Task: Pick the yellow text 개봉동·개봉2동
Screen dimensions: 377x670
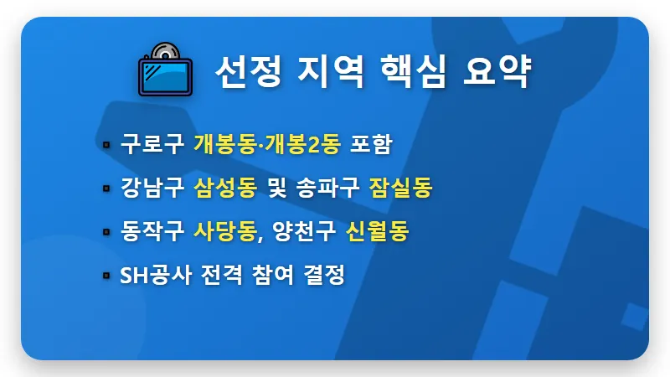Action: (266, 144)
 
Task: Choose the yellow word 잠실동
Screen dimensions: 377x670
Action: (400, 188)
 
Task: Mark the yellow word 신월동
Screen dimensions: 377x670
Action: (377, 231)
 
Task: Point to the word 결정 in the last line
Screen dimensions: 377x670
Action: (326, 275)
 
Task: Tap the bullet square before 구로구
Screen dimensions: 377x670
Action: (106, 145)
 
